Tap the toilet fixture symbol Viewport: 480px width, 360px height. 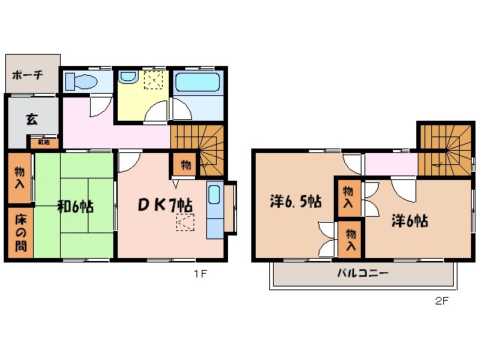(81, 80)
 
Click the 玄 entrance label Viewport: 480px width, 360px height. (31, 118)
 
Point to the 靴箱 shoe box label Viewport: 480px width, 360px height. (44, 142)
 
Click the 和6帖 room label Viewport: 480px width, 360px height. (74, 205)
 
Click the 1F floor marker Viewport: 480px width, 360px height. (198, 274)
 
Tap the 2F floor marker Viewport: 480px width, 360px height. (441, 302)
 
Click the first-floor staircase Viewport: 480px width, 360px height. (198, 142)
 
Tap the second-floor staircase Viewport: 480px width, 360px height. (442, 146)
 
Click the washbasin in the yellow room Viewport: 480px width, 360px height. (127, 76)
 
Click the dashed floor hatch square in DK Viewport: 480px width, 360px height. (184, 223)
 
